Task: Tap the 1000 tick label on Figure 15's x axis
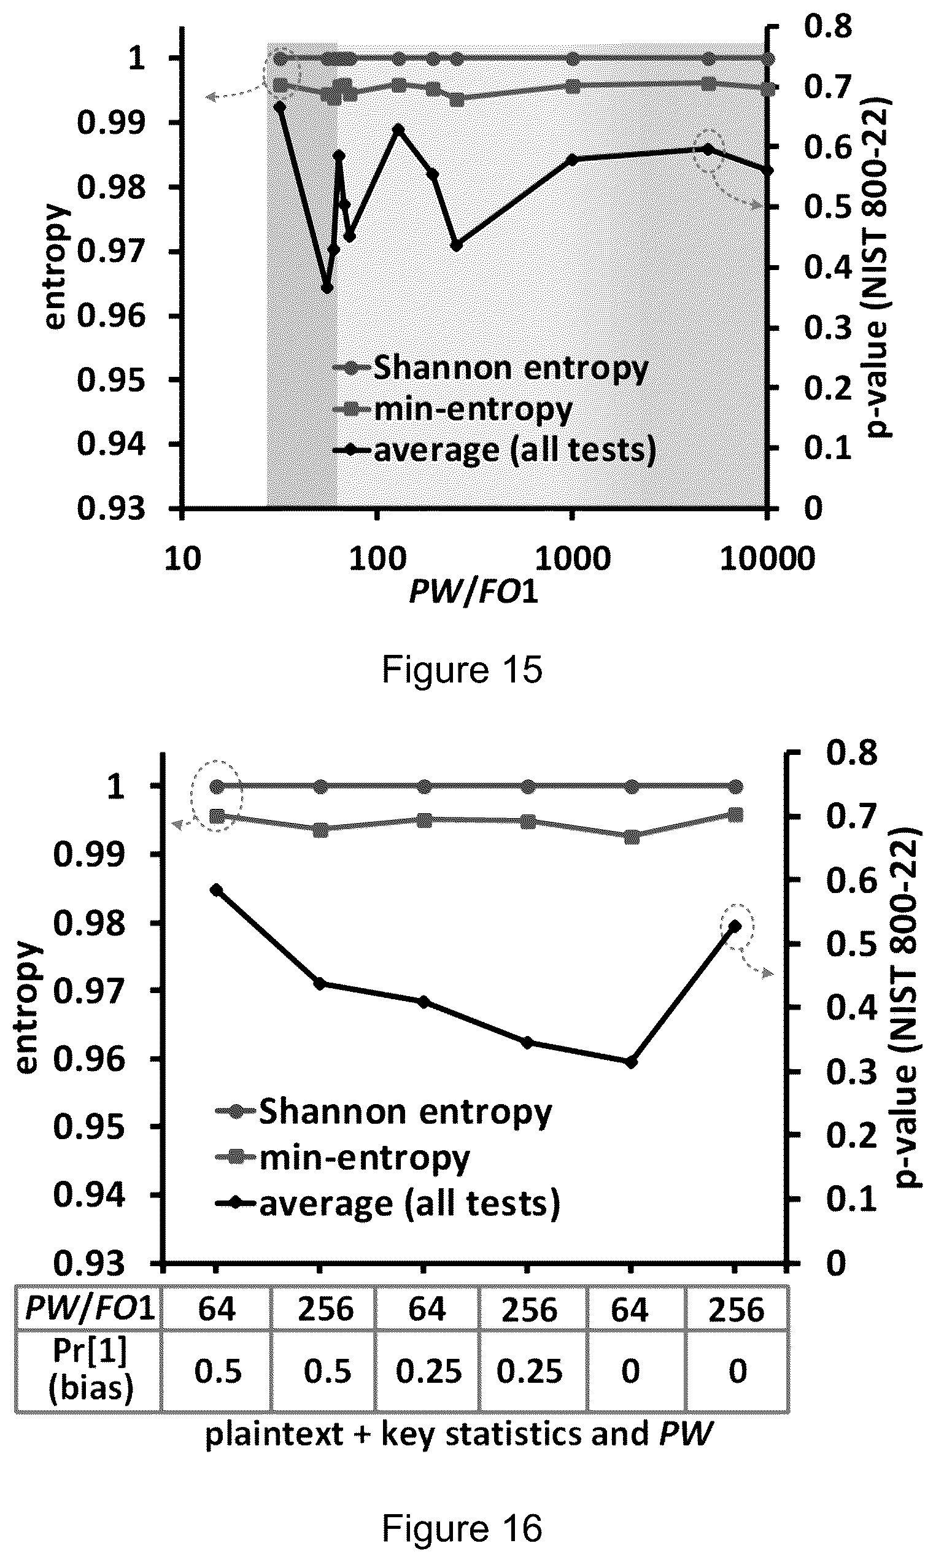[573, 559]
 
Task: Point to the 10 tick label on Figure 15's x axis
[183, 559]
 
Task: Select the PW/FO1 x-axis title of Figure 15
[474, 592]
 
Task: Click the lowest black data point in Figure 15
[327, 288]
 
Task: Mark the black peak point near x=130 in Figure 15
[398, 130]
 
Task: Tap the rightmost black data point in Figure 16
[735, 926]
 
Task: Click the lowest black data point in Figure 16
[631, 1062]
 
